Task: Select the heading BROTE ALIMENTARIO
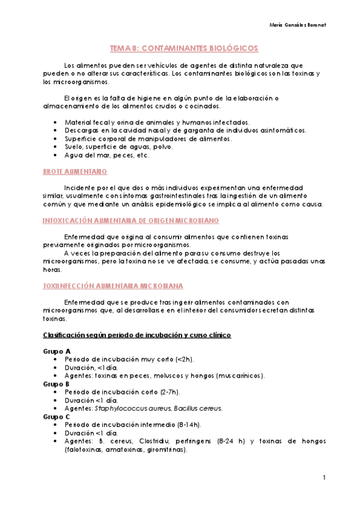75,172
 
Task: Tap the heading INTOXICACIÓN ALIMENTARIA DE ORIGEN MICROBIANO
130,221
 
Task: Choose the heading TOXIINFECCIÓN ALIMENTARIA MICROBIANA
114,286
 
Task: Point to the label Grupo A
57,351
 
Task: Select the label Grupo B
57,383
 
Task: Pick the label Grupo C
57,416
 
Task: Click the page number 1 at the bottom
323,478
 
